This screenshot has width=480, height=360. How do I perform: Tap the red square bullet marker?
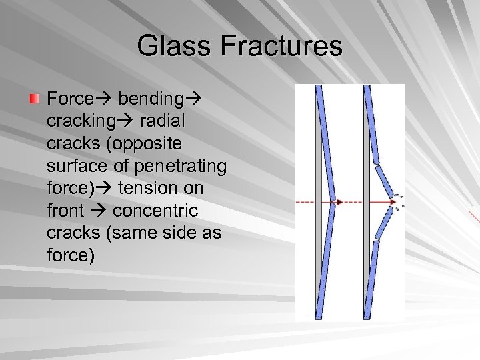click(x=35, y=99)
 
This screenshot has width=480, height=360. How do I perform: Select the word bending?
click(x=150, y=99)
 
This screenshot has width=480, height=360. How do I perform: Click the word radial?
click(x=163, y=121)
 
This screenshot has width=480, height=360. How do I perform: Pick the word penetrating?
click(x=181, y=166)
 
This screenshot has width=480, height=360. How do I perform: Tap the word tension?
click(x=161, y=189)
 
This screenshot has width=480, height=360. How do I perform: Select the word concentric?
click(x=155, y=211)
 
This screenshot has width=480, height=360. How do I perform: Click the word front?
click(x=65, y=211)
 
